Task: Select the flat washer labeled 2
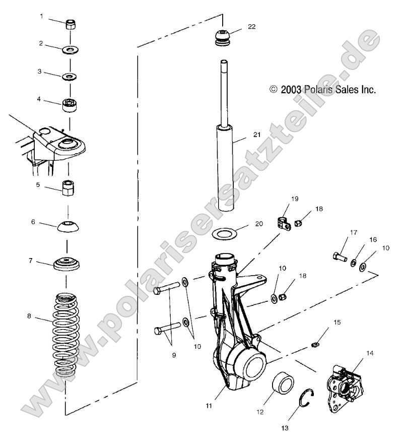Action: (70, 50)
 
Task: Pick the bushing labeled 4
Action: (70, 106)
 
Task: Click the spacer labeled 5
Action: (69, 190)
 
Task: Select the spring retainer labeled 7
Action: (67, 264)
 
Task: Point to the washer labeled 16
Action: (355, 263)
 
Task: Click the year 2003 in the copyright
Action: (291, 90)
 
